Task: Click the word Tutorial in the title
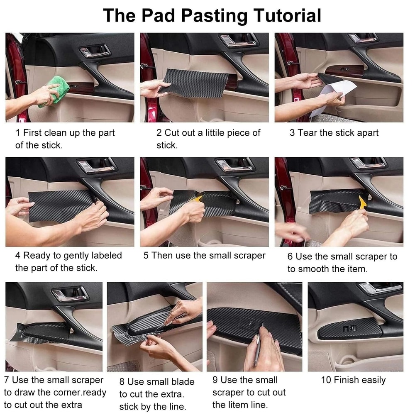click(287, 15)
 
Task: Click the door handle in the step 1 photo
click(95, 51)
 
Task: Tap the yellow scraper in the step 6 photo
click(362, 201)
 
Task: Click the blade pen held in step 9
click(258, 344)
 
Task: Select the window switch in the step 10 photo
click(349, 328)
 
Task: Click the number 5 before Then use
click(146, 255)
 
